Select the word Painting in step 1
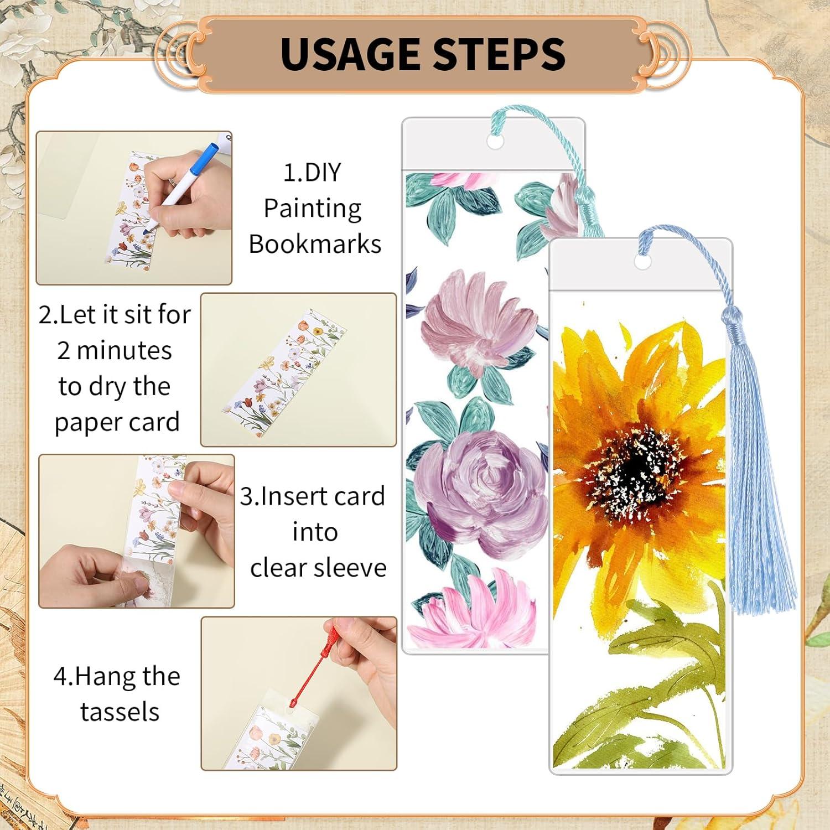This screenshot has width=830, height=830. point(313,209)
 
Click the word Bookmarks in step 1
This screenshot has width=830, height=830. point(315,244)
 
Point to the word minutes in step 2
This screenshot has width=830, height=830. point(124,351)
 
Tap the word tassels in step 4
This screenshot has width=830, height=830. point(120,712)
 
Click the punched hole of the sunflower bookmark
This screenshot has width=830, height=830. point(642,262)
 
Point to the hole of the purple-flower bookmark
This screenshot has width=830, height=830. point(495,142)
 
